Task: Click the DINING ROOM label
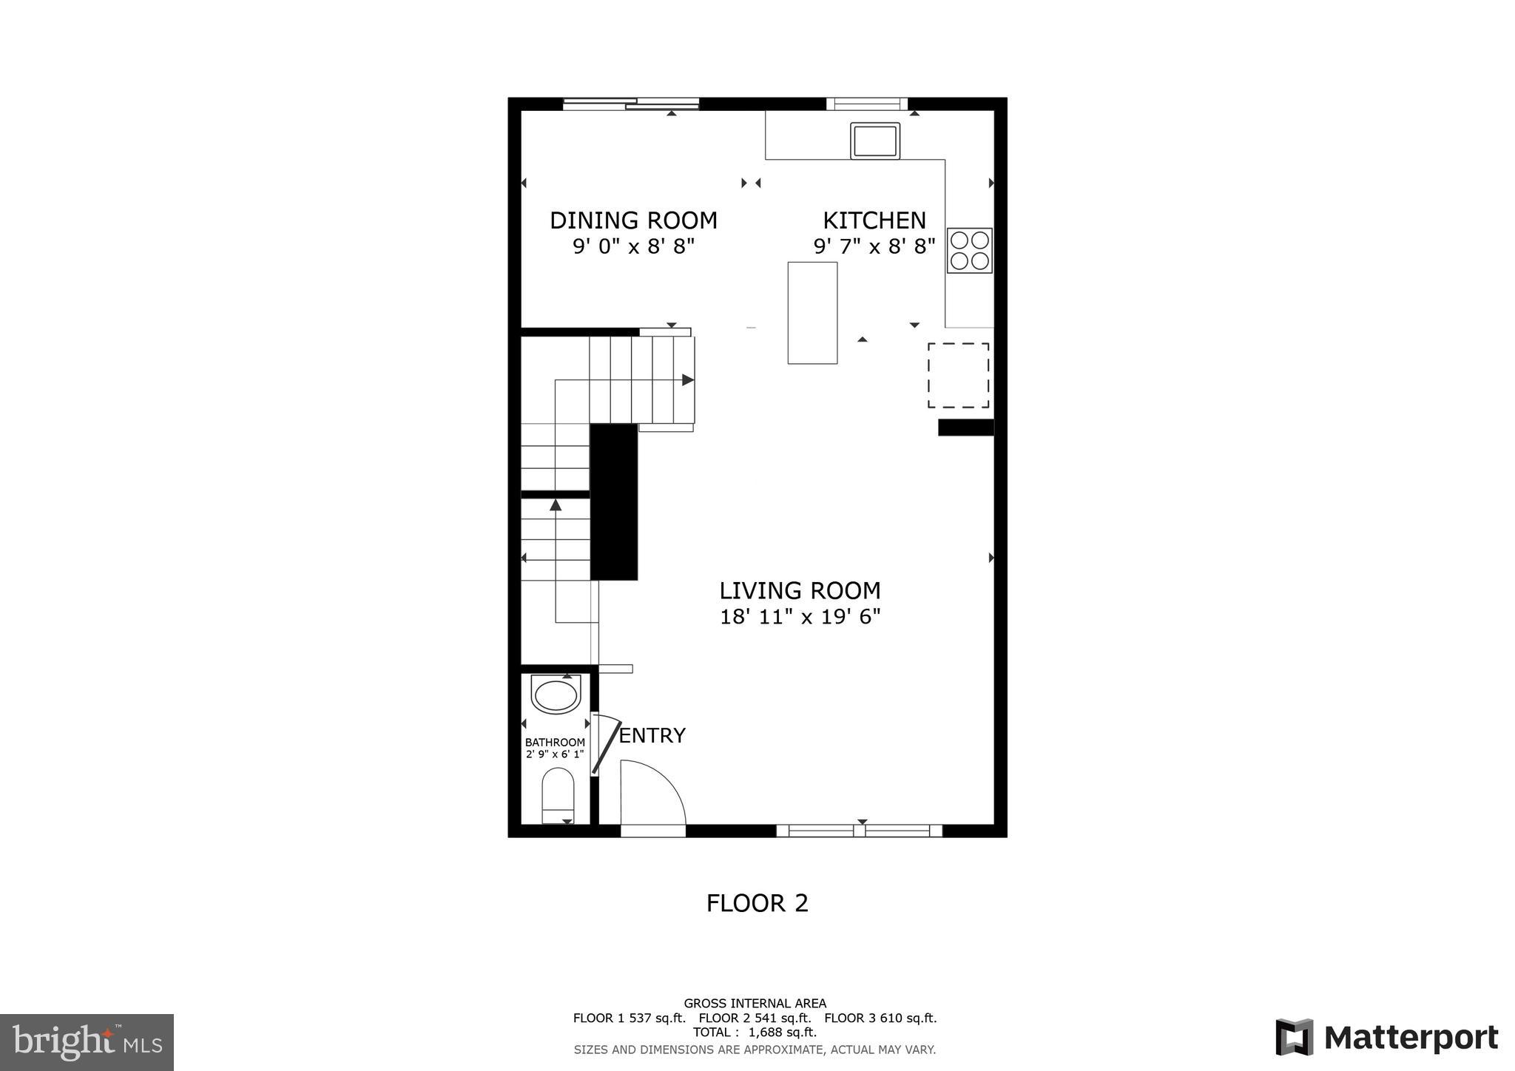(x=633, y=220)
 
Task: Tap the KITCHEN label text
(x=874, y=220)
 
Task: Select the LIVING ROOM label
(x=800, y=590)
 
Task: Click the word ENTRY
(x=652, y=735)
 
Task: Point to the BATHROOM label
(x=555, y=742)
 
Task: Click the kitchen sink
(x=874, y=141)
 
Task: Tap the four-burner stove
(x=969, y=250)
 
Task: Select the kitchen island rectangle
(x=812, y=312)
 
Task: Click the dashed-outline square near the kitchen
(x=958, y=375)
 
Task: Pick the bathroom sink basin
(x=556, y=696)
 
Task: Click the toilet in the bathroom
(x=558, y=796)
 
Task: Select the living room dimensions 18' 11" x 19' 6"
(x=800, y=616)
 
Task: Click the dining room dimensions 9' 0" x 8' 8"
(x=633, y=246)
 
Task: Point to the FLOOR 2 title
(x=757, y=903)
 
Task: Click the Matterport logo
(x=1386, y=1037)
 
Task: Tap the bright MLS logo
(x=87, y=1042)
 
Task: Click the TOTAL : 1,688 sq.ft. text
(x=755, y=1032)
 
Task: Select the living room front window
(x=859, y=831)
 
